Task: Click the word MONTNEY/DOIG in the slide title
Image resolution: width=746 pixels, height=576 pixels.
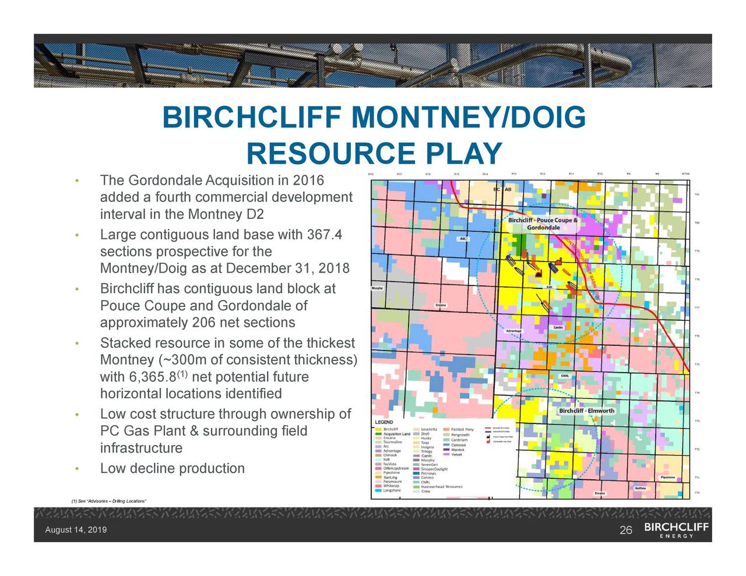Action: click(x=468, y=118)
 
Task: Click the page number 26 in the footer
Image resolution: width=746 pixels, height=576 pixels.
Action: click(x=626, y=530)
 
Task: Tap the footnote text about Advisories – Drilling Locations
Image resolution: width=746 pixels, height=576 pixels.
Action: click(x=108, y=501)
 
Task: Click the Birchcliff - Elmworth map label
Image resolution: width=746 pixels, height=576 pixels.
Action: click(x=586, y=411)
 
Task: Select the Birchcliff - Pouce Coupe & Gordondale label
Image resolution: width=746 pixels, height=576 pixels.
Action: click(x=543, y=224)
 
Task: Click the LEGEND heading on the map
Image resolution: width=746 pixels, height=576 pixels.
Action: click(x=383, y=422)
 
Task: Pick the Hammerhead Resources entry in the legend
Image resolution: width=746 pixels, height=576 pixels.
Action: click(x=441, y=486)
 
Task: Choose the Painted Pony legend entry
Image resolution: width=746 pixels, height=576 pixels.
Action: click(x=462, y=429)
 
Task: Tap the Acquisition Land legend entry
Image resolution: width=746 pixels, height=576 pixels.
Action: click(x=396, y=433)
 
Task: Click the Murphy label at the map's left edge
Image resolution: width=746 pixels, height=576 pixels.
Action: click(x=378, y=288)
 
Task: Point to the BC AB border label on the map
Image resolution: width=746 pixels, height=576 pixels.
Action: click(x=502, y=189)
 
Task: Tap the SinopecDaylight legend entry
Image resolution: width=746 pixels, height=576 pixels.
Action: click(x=434, y=469)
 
